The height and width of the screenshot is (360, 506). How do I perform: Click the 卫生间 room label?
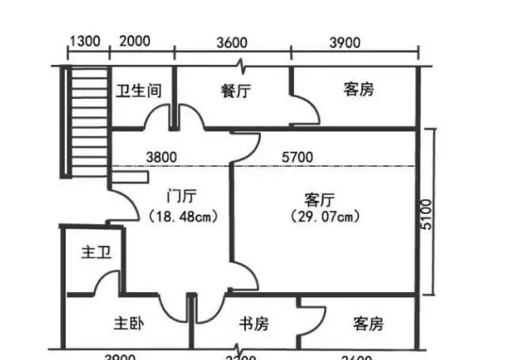[x=139, y=90]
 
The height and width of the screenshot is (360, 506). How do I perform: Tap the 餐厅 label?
[x=236, y=90]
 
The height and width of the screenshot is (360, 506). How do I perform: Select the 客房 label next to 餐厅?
[x=358, y=89]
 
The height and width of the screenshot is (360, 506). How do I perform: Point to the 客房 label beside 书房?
[x=368, y=324]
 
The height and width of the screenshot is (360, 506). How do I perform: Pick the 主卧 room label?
[x=127, y=324]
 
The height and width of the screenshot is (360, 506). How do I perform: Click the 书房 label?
[x=254, y=324]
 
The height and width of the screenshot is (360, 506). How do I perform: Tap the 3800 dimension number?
[x=160, y=157]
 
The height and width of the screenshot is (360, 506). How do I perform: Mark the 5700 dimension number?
[x=298, y=157]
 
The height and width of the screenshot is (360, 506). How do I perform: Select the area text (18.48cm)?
[x=183, y=215]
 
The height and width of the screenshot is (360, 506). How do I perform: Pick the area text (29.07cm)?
[x=325, y=215]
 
